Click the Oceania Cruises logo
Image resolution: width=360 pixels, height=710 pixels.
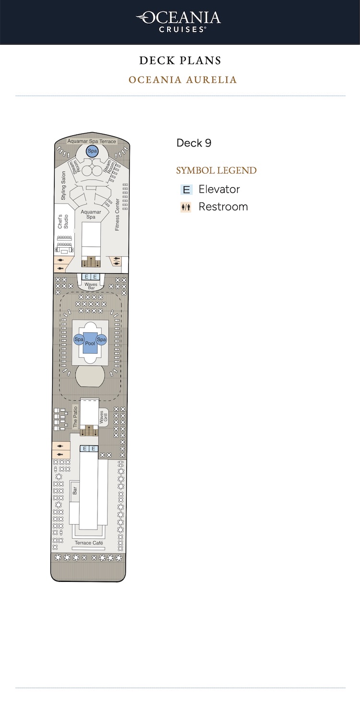click(179, 22)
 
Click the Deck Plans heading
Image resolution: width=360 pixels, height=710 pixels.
click(180, 60)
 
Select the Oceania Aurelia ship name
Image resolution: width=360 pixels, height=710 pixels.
click(182, 80)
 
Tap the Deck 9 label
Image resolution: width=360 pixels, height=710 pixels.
click(193, 143)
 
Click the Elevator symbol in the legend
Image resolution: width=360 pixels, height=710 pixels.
click(186, 190)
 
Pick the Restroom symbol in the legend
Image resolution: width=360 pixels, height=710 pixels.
click(186, 207)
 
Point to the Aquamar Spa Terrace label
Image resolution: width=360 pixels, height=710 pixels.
click(92, 141)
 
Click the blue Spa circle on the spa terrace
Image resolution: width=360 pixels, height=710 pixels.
click(92, 151)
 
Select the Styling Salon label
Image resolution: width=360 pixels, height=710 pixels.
click(63, 185)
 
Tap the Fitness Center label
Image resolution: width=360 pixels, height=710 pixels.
click(117, 215)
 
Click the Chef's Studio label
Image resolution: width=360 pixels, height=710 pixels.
click(63, 222)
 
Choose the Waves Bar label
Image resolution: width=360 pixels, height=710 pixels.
click(91, 286)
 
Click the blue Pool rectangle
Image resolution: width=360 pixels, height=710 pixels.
click(90, 343)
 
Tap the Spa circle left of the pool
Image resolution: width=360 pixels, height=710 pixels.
click(79, 339)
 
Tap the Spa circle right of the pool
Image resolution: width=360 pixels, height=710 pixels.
click(101, 339)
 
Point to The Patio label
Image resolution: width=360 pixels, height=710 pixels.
click(75, 417)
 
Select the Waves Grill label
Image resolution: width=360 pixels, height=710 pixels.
click(104, 417)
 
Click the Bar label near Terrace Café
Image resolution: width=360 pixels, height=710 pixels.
click(75, 491)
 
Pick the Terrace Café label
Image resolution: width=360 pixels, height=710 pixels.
click(89, 542)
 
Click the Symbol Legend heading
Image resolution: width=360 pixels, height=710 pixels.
click(216, 170)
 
